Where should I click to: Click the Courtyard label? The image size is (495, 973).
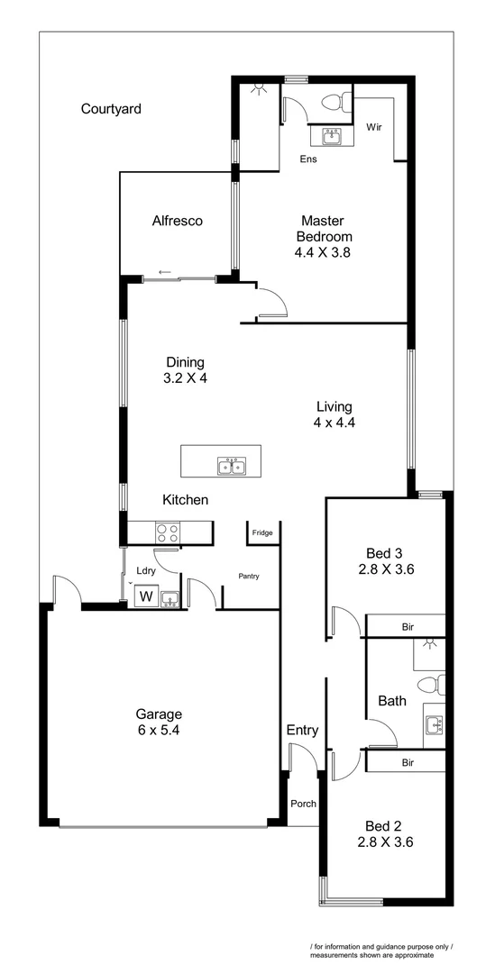[111, 109]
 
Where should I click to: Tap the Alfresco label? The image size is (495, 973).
[177, 221]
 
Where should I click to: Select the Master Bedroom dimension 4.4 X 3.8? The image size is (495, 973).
[322, 253]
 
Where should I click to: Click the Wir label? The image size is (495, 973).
[374, 128]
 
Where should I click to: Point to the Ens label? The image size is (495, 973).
[308, 159]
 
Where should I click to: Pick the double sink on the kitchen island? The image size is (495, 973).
[232, 466]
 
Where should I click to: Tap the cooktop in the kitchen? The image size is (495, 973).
[169, 532]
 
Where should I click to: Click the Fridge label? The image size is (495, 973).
[262, 533]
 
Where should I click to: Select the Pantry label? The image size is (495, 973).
[249, 576]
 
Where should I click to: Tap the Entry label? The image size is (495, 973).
[302, 730]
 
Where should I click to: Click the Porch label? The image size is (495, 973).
[303, 804]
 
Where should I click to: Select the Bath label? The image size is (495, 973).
[392, 700]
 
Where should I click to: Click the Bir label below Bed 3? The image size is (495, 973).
[408, 626]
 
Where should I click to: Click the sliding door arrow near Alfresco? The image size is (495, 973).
[164, 272]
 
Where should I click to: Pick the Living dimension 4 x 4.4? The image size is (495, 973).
[334, 422]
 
